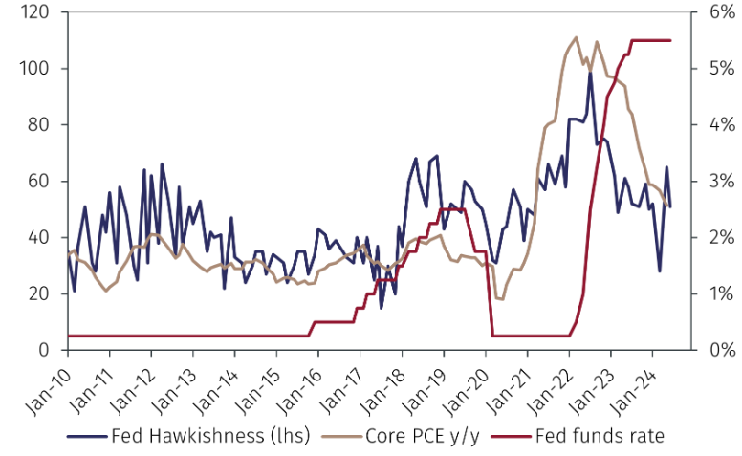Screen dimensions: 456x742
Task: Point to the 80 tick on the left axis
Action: [38, 125]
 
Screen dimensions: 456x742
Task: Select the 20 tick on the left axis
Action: [38, 293]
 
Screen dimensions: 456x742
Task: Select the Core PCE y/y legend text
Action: [421, 437]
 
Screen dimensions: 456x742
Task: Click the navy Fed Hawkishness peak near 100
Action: [590, 73]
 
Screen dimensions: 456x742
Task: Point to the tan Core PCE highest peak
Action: [576, 37]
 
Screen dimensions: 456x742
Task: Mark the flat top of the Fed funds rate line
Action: [650, 40]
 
